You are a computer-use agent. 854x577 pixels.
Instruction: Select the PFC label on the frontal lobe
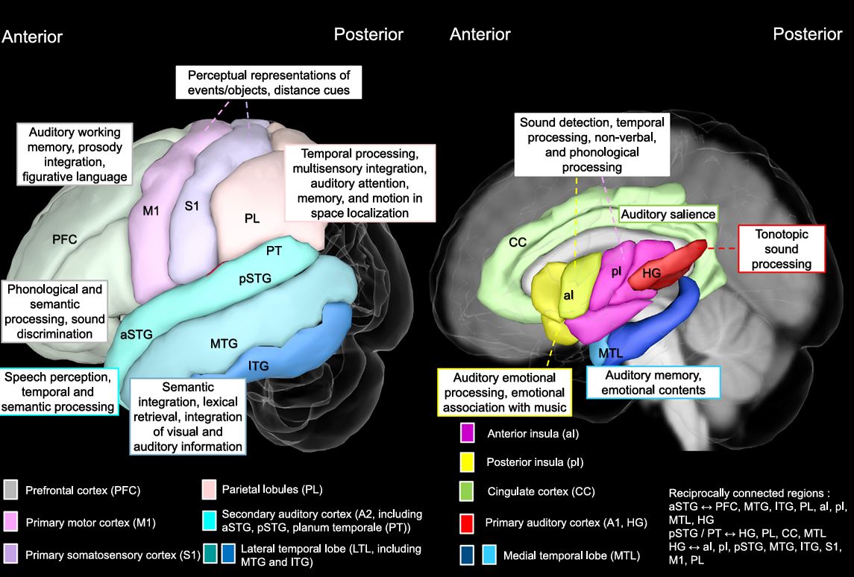click(x=64, y=239)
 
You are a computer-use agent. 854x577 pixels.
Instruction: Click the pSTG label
click(x=254, y=280)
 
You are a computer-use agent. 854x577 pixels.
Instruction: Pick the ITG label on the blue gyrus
click(x=258, y=365)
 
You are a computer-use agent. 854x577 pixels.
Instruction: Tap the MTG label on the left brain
click(x=223, y=343)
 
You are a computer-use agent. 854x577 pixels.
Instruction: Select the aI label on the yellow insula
click(x=568, y=295)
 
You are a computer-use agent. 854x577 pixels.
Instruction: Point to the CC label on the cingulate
click(x=518, y=242)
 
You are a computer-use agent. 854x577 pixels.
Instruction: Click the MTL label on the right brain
click(x=611, y=352)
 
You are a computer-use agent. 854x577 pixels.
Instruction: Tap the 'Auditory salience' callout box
click(x=668, y=214)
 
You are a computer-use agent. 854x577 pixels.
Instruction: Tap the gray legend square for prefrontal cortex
click(x=10, y=491)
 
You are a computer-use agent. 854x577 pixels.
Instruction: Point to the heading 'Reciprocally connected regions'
click(x=748, y=494)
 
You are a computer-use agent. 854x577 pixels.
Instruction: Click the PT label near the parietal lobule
click(x=274, y=250)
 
